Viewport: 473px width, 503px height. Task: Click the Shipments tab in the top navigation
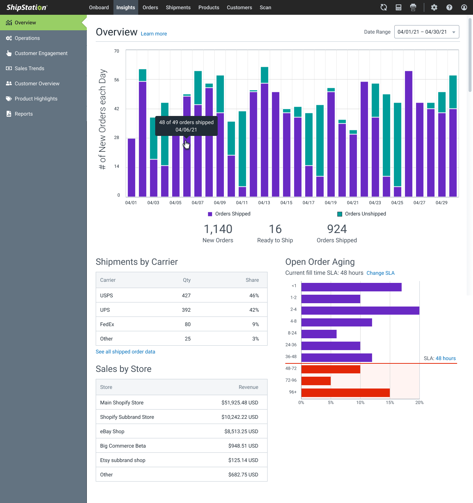pyautogui.click(x=178, y=7)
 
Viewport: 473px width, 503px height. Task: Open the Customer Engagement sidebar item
pyautogui.click(x=41, y=53)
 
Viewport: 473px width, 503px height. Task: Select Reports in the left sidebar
pyautogui.click(x=24, y=114)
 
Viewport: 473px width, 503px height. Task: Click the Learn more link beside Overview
pyautogui.click(x=154, y=34)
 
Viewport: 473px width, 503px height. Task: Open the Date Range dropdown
pyautogui.click(x=426, y=32)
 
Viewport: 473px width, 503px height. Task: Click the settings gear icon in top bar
pyautogui.click(x=434, y=7)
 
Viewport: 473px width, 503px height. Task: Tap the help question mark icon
pyautogui.click(x=449, y=7)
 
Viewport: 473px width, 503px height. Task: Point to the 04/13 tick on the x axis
pyautogui.click(x=264, y=203)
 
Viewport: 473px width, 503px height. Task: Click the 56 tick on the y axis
pyautogui.click(x=117, y=80)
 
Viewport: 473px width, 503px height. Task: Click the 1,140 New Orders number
pyautogui.click(x=218, y=229)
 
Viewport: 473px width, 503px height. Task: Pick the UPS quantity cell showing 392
pyautogui.click(x=186, y=310)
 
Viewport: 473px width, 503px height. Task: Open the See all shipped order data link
pyautogui.click(x=125, y=352)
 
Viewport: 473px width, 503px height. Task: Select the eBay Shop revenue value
pyautogui.click(x=241, y=431)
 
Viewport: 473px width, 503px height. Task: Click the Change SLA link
pyautogui.click(x=380, y=273)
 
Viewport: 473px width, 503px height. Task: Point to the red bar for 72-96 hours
pyautogui.click(x=316, y=380)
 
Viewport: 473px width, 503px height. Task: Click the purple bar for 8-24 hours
pyautogui.click(x=319, y=334)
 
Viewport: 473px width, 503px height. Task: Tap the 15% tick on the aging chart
pyautogui.click(x=390, y=403)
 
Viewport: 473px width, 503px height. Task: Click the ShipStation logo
pyautogui.click(x=27, y=7)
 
